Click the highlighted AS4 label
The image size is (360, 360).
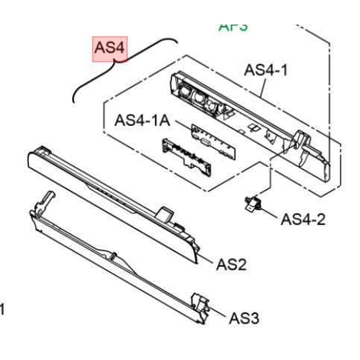click(x=110, y=48)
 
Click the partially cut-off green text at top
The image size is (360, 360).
click(x=233, y=27)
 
